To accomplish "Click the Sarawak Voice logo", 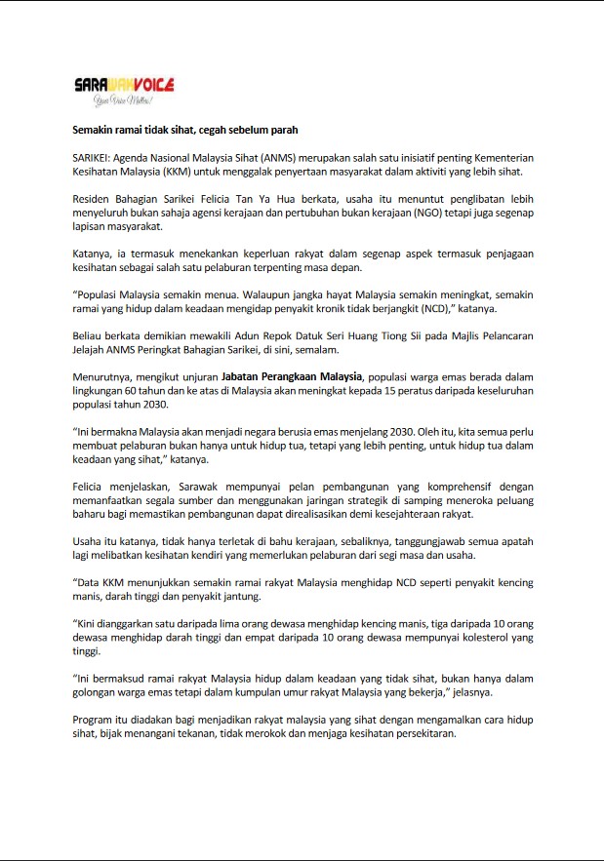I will point(124,86).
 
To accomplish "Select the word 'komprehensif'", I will point(418,485).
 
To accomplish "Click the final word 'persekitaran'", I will point(423,733).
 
